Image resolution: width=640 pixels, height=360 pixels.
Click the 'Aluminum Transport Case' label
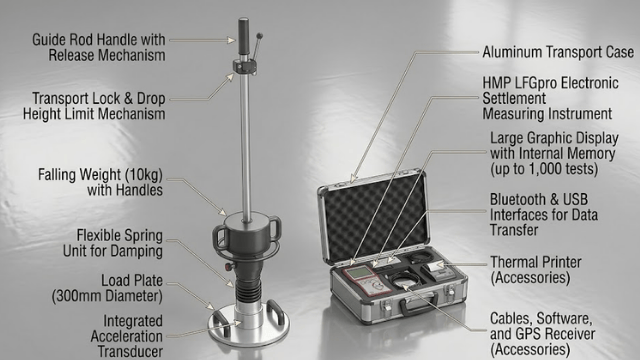pyautogui.click(x=558, y=52)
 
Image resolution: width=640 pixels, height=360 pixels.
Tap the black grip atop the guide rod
pyautogui.click(x=244, y=36)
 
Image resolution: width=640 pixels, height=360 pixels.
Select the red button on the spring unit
pyautogui.click(x=227, y=267)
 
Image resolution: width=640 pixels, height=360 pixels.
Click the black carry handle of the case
pyautogui.click(x=420, y=304)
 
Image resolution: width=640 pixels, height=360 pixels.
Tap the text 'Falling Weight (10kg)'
pyautogui.click(x=100, y=175)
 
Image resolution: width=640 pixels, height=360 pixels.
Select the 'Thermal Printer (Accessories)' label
pyautogui.click(x=536, y=270)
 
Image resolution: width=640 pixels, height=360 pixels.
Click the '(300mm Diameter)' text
pyautogui.click(x=107, y=296)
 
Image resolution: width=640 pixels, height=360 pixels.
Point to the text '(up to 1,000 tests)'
pyautogui.click(x=544, y=169)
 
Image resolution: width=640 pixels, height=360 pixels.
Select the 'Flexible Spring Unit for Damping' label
pyautogui.click(x=113, y=243)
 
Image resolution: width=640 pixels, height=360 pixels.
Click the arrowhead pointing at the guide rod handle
pyautogui.click(x=232, y=40)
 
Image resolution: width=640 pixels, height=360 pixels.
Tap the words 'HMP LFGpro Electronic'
pyautogui.click(x=550, y=83)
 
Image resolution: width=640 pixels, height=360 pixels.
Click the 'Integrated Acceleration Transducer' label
pyautogui.click(x=127, y=336)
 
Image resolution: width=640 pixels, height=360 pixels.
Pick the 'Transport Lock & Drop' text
pyautogui.click(x=99, y=98)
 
